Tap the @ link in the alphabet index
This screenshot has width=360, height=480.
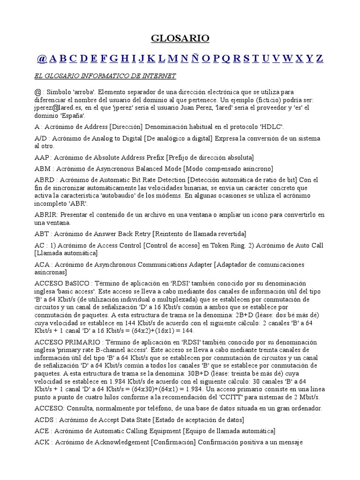pos(42,59)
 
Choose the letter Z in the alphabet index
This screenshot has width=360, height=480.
pos(319,59)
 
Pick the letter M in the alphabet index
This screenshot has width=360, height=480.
pos(172,59)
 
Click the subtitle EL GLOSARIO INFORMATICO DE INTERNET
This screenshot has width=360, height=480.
pos(105,76)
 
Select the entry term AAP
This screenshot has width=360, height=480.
pos(42,157)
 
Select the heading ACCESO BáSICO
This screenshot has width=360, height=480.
pos(60,284)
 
